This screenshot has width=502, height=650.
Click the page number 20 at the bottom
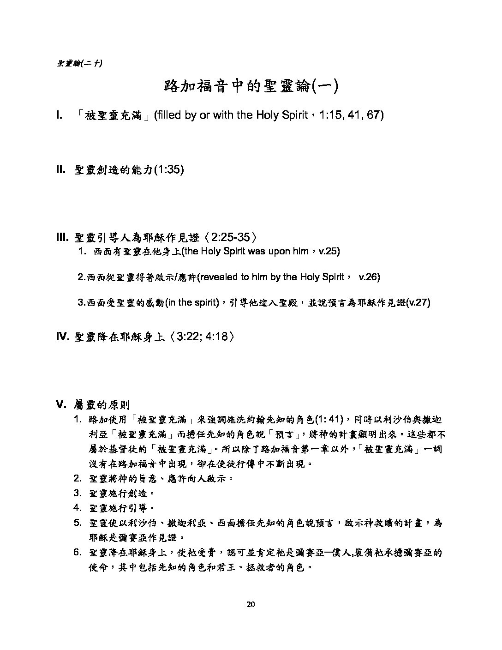click(251, 605)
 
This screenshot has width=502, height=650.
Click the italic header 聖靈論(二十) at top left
click(79, 63)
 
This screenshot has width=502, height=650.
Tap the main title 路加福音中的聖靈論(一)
click(251, 86)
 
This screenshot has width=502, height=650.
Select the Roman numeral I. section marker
click(59, 115)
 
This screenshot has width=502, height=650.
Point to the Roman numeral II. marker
click(61, 170)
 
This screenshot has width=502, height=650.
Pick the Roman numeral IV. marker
click(62, 337)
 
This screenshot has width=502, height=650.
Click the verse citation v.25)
click(329, 252)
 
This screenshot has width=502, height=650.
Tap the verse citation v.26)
click(369, 277)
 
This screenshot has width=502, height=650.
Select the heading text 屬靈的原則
click(102, 405)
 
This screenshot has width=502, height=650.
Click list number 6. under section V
click(78, 553)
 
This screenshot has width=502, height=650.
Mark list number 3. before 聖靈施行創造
click(78, 493)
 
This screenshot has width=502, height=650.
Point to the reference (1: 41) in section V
click(329, 420)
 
